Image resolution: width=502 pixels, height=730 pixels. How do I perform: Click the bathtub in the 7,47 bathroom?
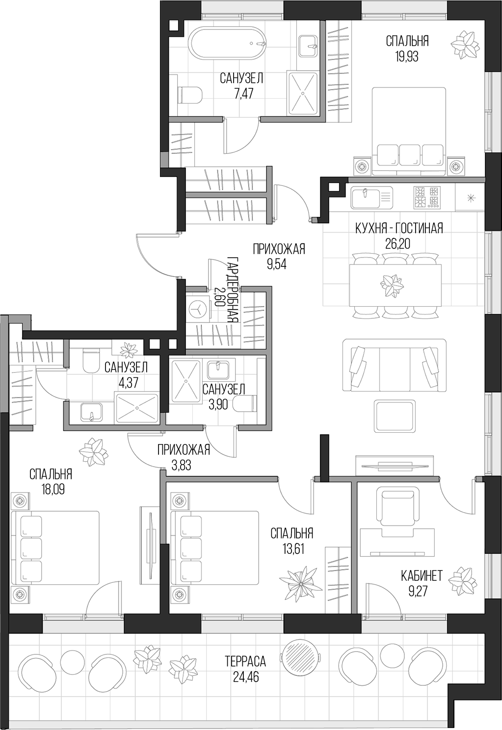[x=227, y=44]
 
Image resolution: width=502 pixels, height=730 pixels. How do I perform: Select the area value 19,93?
[x=407, y=56]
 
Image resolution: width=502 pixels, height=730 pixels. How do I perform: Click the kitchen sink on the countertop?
[x=366, y=197]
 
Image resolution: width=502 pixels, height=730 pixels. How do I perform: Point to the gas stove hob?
[x=426, y=197]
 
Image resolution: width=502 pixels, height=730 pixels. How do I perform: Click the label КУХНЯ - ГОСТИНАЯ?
[x=399, y=228]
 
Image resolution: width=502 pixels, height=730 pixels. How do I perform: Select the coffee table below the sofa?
[x=395, y=416]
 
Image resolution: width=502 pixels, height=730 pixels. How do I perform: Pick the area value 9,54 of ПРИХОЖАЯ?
[x=277, y=264]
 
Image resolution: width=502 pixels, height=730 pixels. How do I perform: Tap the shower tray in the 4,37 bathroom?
[x=137, y=407]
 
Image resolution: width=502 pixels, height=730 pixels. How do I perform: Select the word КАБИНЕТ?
[x=422, y=575]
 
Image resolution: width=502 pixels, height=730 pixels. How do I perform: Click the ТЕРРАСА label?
[x=245, y=661]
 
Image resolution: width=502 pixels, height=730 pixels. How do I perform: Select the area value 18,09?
[x=53, y=489]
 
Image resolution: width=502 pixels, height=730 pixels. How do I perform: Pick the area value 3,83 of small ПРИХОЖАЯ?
[x=181, y=465]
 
